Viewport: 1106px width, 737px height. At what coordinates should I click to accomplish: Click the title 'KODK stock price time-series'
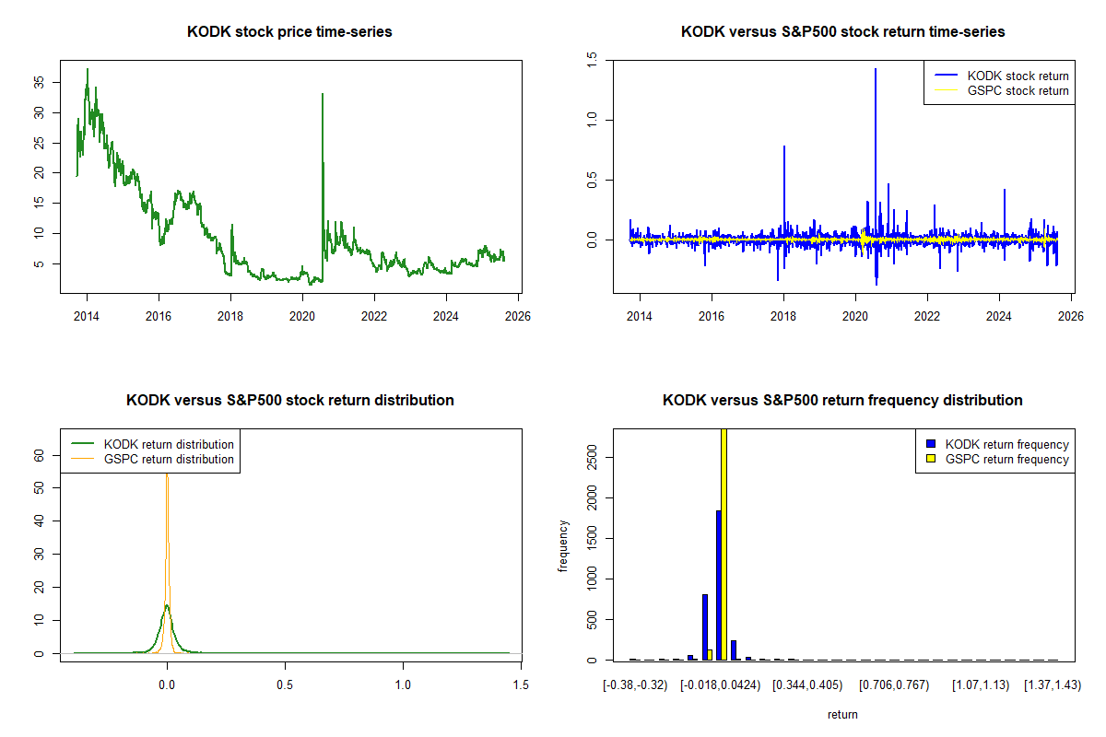pyautogui.click(x=289, y=32)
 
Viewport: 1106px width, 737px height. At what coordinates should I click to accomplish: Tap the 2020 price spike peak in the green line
pyautogui.click(x=322, y=94)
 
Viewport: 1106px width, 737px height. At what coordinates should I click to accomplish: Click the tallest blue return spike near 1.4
pyautogui.click(x=875, y=70)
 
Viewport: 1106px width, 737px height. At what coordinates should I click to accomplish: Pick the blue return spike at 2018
pyautogui.click(x=784, y=146)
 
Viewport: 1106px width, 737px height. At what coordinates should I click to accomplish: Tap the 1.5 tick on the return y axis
pyautogui.click(x=592, y=59)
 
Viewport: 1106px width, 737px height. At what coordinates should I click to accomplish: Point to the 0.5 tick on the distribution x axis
pyautogui.click(x=285, y=685)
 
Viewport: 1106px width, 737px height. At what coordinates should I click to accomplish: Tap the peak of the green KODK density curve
pyautogui.click(x=166, y=605)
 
